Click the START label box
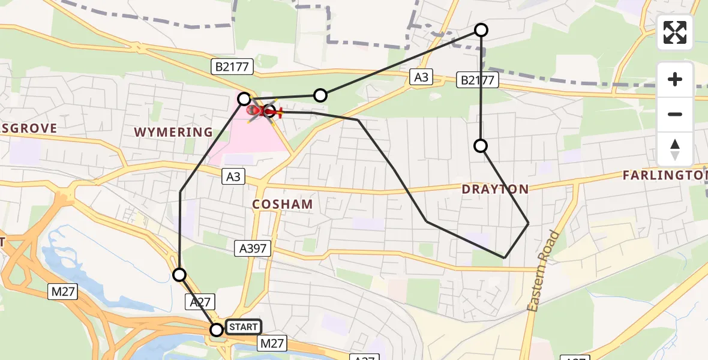[243, 327]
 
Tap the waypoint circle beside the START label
[217, 329]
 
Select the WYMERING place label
[173, 132]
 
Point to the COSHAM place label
[283, 204]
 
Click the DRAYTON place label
[495, 190]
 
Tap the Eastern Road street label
[543, 271]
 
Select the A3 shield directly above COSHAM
[233, 176]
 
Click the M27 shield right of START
[272, 343]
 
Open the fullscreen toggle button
[675, 32]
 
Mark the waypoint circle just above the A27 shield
[179, 275]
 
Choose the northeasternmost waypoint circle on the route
[481, 30]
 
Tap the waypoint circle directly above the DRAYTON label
[481, 146]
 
